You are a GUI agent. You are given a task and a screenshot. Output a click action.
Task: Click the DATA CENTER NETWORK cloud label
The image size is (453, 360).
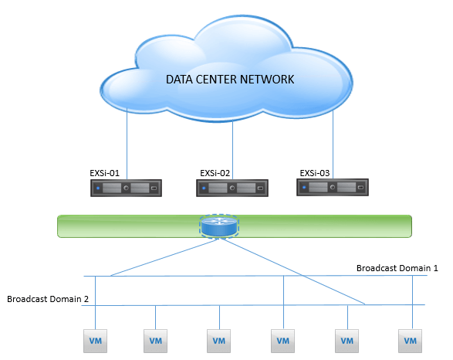[x=230, y=80]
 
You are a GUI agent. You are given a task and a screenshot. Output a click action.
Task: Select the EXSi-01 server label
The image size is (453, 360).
[x=104, y=173]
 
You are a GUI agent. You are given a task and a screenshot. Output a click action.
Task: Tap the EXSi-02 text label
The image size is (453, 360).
[x=215, y=173]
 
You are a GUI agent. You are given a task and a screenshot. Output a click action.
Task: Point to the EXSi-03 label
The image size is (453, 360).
[x=315, y=173]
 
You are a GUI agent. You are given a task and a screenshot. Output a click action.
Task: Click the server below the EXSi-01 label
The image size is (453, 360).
[x=126, y=188]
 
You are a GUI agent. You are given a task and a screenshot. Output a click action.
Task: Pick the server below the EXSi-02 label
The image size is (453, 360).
[x=232, y=188]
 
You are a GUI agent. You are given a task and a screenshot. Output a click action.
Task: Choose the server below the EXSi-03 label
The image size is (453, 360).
[x=333, y=188]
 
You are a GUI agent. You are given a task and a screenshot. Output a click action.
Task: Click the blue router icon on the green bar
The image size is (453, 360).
[x=219, y=226]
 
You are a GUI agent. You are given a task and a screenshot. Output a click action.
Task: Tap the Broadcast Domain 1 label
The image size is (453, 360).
[x=397, y=268]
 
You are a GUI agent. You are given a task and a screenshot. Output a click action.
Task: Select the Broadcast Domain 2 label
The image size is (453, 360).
[x=48, y=299]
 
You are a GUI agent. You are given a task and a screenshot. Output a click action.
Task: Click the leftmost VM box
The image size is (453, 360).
[x=96, y=341]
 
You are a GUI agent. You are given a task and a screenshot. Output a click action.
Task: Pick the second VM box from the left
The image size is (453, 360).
[x=155, y=341]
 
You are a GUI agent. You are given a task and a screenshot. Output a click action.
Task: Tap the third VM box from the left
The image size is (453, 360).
[x=218, y=341]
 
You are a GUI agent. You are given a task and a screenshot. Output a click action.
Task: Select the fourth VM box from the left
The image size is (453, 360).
[x=283, y=341]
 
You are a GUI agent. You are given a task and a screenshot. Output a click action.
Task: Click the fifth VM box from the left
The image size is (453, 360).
[x=347, y=341]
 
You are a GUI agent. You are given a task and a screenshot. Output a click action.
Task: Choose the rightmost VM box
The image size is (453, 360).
[x=411, y=341]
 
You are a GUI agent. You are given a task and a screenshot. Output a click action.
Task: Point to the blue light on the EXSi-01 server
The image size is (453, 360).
[x=98, y=188]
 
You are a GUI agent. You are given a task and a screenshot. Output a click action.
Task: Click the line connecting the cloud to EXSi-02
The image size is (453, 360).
[x=232, y=150]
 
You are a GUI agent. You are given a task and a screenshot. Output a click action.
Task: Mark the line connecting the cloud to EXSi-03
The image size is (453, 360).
[x=333, y=144]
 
